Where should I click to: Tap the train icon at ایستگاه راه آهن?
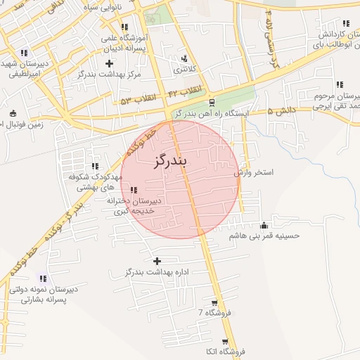pos(212,101)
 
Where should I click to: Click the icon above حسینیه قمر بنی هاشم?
pos(264,226)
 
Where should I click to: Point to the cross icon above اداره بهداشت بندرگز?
pos(157,261)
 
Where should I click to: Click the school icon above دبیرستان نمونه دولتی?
pos(43,278)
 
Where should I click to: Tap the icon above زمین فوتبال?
pos(13,113)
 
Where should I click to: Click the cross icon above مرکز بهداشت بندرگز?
pos(108,63)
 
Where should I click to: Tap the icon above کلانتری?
pos(184,59)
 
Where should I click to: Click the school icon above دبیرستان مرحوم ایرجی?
pos(340,84)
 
